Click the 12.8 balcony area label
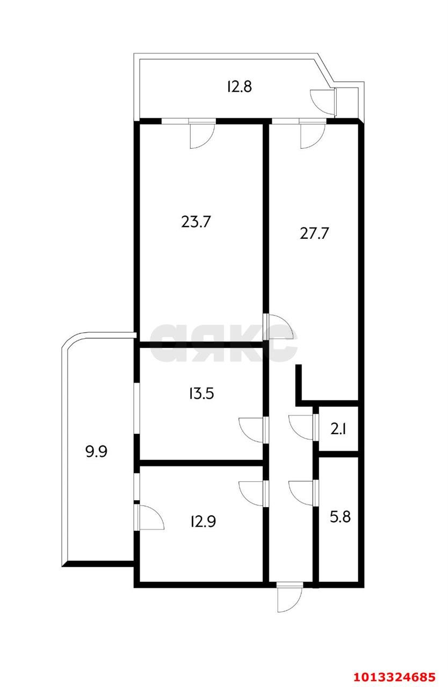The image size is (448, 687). pyautogui.click(x=239, y=86)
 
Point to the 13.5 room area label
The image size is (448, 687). pyautogui.click(x=201, y=394)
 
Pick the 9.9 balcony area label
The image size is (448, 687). pyautogui.click(x=97, y=451)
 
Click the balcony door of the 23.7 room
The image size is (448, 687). pyautogui.click(x=202, y=134)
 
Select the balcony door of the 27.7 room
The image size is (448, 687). pyautogui.click(x=312, y=134)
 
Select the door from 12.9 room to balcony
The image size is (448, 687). pyautogui.click(x=149, y=517)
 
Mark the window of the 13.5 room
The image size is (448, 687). pyautogui.click(x=136, y=407)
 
